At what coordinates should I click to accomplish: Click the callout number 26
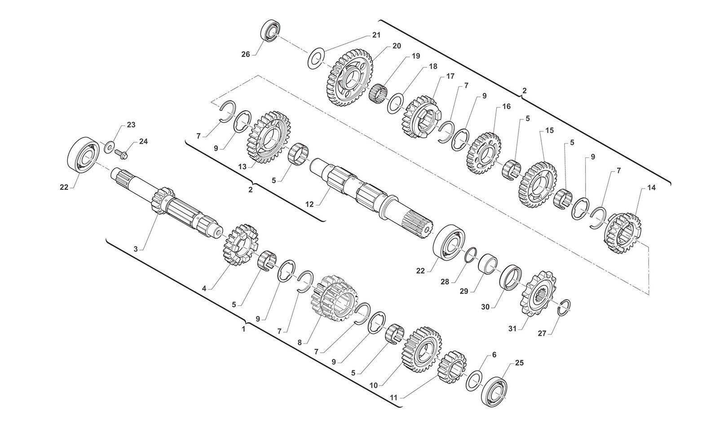tap(246, 54)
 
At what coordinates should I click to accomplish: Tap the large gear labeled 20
tap(349, 78)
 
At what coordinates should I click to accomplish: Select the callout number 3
tap(136, 249)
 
